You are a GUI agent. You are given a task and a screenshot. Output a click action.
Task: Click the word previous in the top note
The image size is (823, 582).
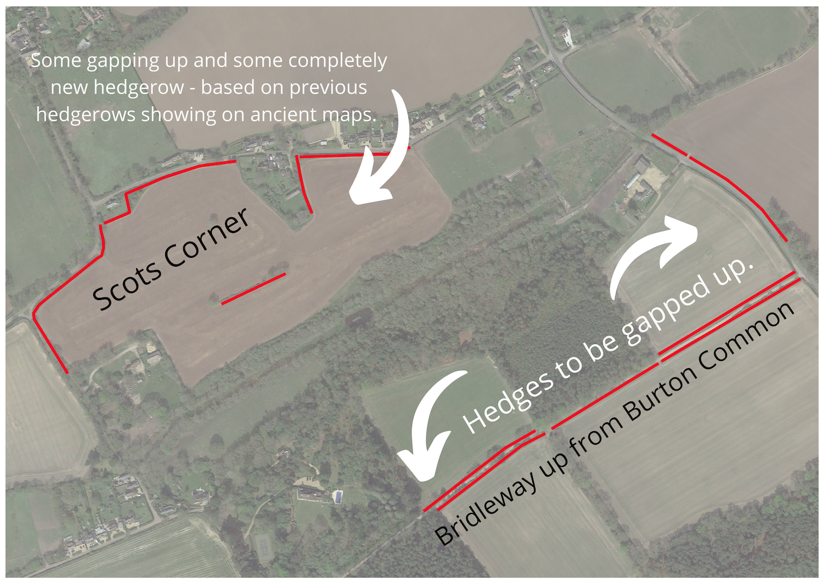[328, 87]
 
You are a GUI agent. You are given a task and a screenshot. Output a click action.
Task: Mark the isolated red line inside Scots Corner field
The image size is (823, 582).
[253, 289]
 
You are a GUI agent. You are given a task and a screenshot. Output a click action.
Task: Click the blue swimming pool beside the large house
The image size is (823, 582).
[339, 497]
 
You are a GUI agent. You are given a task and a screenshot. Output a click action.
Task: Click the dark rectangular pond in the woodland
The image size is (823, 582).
[360, 317]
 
